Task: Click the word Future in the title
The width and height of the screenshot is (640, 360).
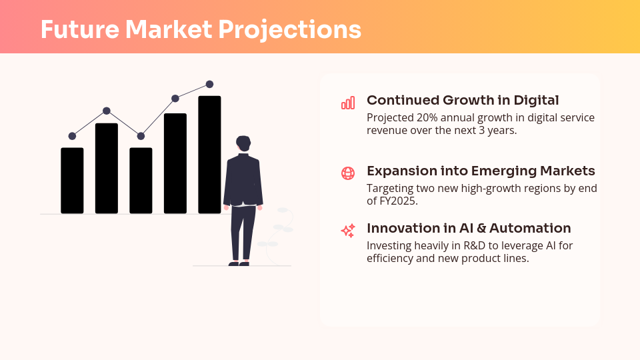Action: (x=80, y=29)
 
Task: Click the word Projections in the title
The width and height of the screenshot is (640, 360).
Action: (x=290, y=30)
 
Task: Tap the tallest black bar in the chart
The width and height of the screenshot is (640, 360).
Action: (x=210, y=155)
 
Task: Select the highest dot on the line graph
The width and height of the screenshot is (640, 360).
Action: (x=210, y=84)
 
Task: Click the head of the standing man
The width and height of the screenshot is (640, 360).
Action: (x=243, y=143)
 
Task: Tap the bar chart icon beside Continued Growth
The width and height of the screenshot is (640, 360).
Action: (x=348, y=103)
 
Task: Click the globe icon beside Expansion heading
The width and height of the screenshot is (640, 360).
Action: (x=348, y=173)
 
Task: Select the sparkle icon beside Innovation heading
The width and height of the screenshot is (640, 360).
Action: (x=348, y=231)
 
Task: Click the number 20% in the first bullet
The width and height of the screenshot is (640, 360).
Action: (x=427, y=117)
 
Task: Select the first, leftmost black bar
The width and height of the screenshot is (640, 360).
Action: (x=72, y=181)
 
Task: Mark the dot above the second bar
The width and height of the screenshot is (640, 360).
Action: (x=107, y=111)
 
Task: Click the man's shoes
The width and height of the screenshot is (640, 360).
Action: (x=239, y=264)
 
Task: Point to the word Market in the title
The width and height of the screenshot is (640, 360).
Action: (x=169, y=29)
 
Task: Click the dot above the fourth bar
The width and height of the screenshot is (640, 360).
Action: (x=175, y=99)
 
